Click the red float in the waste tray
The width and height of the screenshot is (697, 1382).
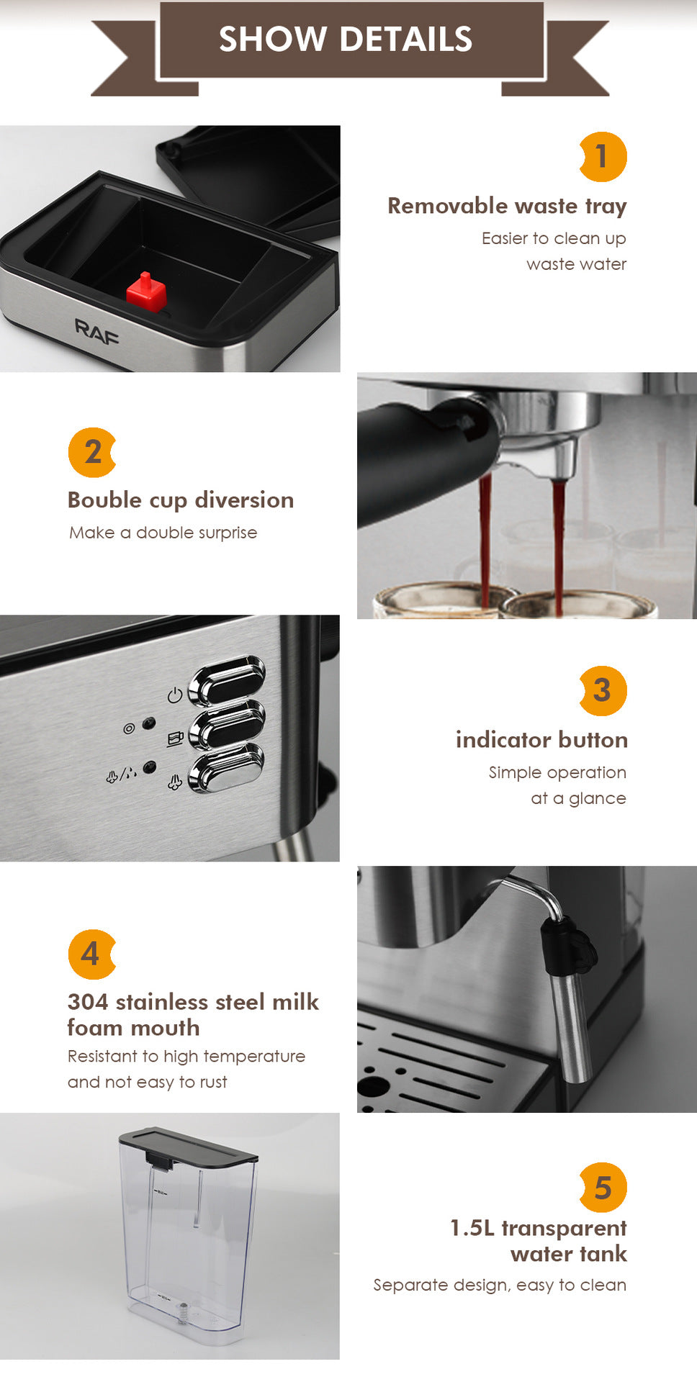click(146, 292)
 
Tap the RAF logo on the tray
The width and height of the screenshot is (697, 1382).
click(96, 333)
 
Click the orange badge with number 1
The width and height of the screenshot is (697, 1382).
click(603, 157)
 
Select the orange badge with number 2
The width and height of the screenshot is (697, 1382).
click(92, 452)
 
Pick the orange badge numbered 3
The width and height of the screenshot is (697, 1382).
click(603, 690)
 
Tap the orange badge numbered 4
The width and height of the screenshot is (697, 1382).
click(91, 954)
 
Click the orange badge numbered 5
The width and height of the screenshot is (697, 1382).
click(603, 1188)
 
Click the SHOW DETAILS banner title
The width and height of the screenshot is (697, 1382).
click(346, 40)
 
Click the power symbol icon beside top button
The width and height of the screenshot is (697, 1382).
click(174, 695)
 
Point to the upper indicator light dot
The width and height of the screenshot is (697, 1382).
click(149, 722)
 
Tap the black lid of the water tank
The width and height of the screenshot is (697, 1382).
click(189, 1145)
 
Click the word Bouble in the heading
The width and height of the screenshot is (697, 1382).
click(104, 500)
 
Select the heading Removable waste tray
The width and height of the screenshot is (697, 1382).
click(507, 206)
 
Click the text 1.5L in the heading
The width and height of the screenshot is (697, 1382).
click(472, 1228)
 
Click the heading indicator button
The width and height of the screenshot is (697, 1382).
click(541, 740)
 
